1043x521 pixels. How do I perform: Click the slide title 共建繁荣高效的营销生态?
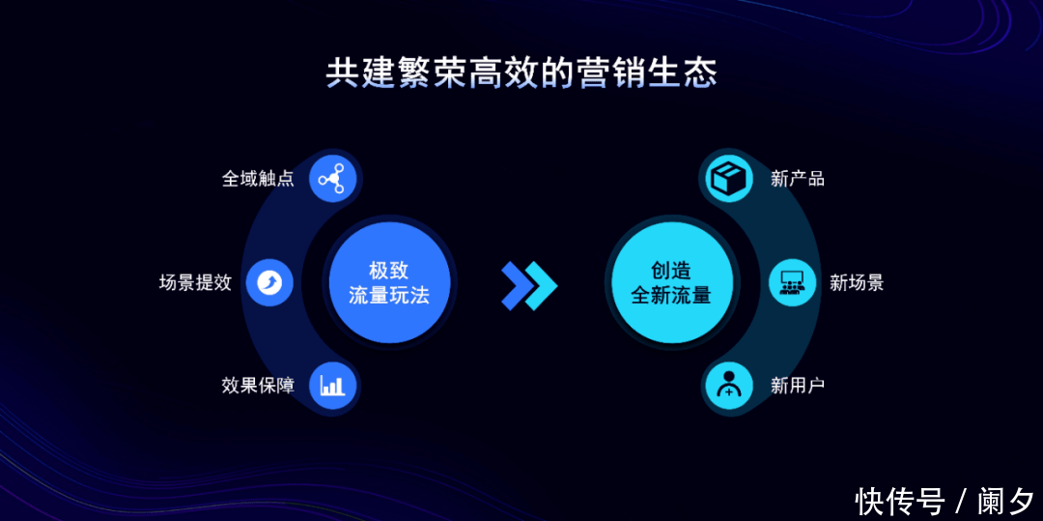click(521, 73)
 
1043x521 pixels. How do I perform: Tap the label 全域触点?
click(258, 179)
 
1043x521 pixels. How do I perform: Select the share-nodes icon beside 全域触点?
click(332, 178)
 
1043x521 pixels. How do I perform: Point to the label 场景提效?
click(195, 283)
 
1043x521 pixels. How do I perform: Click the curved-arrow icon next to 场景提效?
click(270, 283)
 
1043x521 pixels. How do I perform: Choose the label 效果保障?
click(258, 386)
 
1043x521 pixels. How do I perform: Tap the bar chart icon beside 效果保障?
click(332, 386)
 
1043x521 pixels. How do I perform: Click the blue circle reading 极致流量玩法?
click(389, 283)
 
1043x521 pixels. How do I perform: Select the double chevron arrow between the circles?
click(529, 285)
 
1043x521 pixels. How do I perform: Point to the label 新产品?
click(798, 179)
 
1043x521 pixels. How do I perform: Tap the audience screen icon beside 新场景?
click(792, 283)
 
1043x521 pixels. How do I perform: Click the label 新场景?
click(857, 283)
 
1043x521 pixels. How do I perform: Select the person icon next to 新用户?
click(729, 386)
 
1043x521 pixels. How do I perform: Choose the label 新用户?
click(798, 386)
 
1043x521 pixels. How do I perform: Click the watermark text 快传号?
click(900, 501)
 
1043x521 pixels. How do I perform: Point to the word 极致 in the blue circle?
click(389, 271)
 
